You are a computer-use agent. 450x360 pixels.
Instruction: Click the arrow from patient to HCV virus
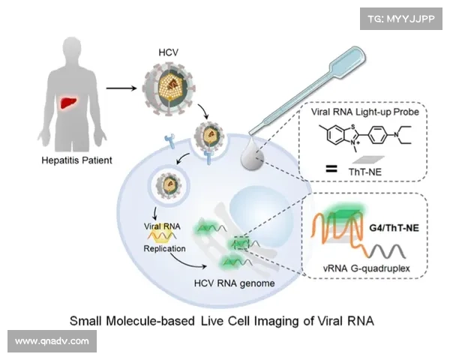[121, 87]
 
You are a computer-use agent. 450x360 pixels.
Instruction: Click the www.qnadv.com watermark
[52, 341]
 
